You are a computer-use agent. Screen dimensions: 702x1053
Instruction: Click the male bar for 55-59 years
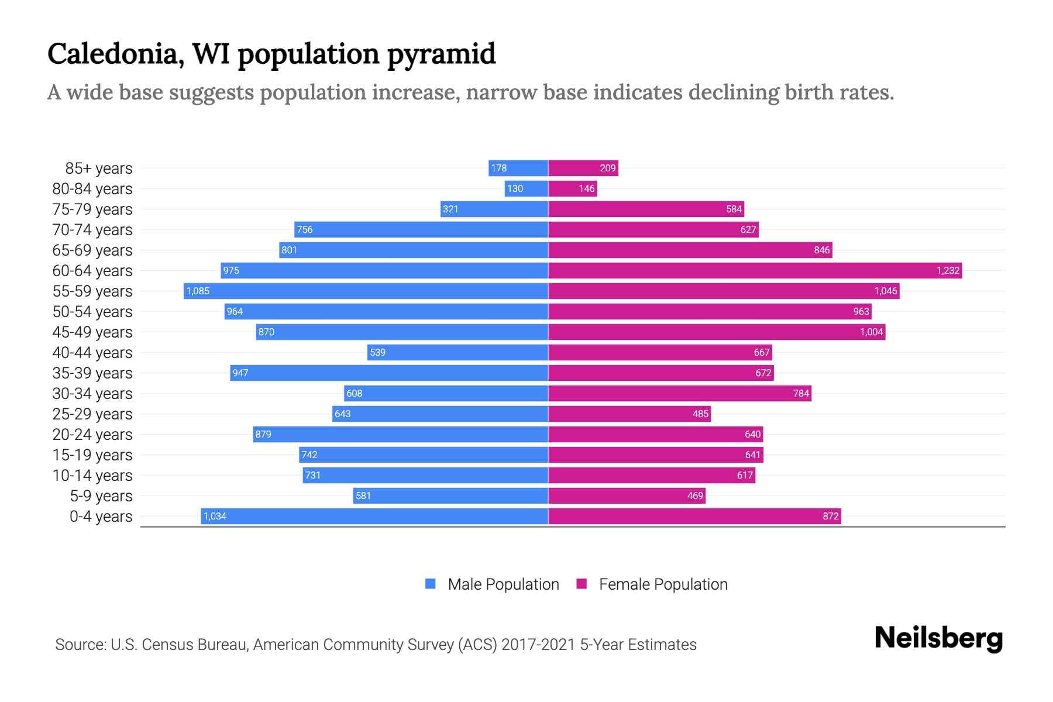click(366, 291)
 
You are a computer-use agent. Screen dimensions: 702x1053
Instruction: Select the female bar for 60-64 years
click(755, 270)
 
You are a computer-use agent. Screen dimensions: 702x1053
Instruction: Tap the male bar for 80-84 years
click(526, 188)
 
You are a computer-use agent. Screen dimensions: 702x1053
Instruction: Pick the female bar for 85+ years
click(583, 168)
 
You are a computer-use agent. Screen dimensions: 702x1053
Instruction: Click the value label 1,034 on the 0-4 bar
click(215, 516)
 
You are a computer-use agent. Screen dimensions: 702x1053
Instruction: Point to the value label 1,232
click(948, 270)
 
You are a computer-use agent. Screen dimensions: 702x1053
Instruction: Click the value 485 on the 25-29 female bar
click(700, 414)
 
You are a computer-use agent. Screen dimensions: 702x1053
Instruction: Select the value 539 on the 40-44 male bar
click(377, 352)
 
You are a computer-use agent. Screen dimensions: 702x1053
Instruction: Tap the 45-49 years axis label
click(92, 332)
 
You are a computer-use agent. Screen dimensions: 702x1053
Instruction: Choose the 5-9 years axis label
click(101, 496)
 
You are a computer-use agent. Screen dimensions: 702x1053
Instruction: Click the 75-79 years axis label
click(92, 209)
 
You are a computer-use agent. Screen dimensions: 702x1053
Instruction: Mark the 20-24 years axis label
click(92, 435)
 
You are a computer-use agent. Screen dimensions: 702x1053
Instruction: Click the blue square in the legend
click(431, 584)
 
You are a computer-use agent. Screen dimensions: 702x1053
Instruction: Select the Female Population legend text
click(663, 584)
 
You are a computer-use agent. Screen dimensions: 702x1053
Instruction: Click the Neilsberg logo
click(938, 638)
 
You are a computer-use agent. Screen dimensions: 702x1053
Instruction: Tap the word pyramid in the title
click(441, 54)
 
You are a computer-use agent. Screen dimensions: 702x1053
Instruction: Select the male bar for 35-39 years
click(389, 373)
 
